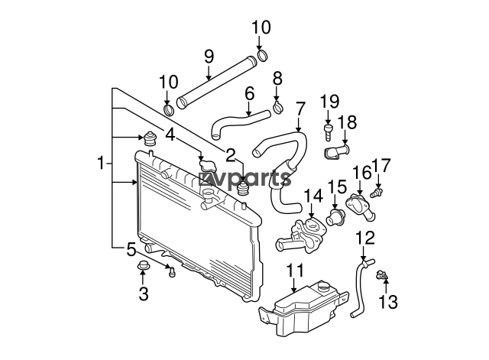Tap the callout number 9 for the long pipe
point(209,57)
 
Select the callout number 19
point(330,102)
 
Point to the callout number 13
point(388,302)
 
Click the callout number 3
point(144,294)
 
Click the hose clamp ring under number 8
point(278,107)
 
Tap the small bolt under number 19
point(328,132)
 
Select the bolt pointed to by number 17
point(377,193)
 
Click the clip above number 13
point(383,275)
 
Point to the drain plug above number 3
point(143,265)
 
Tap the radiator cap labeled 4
point(207,165)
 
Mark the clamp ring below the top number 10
point(263,55)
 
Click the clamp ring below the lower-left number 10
point(169,110)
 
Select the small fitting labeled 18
point(336,152)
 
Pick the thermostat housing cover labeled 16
point(360,206)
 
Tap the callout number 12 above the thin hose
point(365,238)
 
